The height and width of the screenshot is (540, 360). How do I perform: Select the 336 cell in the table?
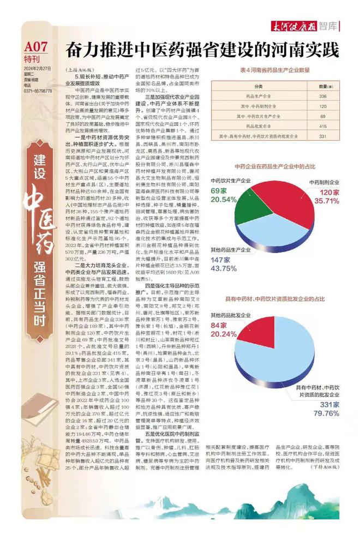point(322,97)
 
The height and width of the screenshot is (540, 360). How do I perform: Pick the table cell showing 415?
point(322,126)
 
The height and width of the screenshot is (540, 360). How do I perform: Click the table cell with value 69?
point(322,116)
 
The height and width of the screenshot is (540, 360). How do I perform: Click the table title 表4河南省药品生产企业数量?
point(275,70)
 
